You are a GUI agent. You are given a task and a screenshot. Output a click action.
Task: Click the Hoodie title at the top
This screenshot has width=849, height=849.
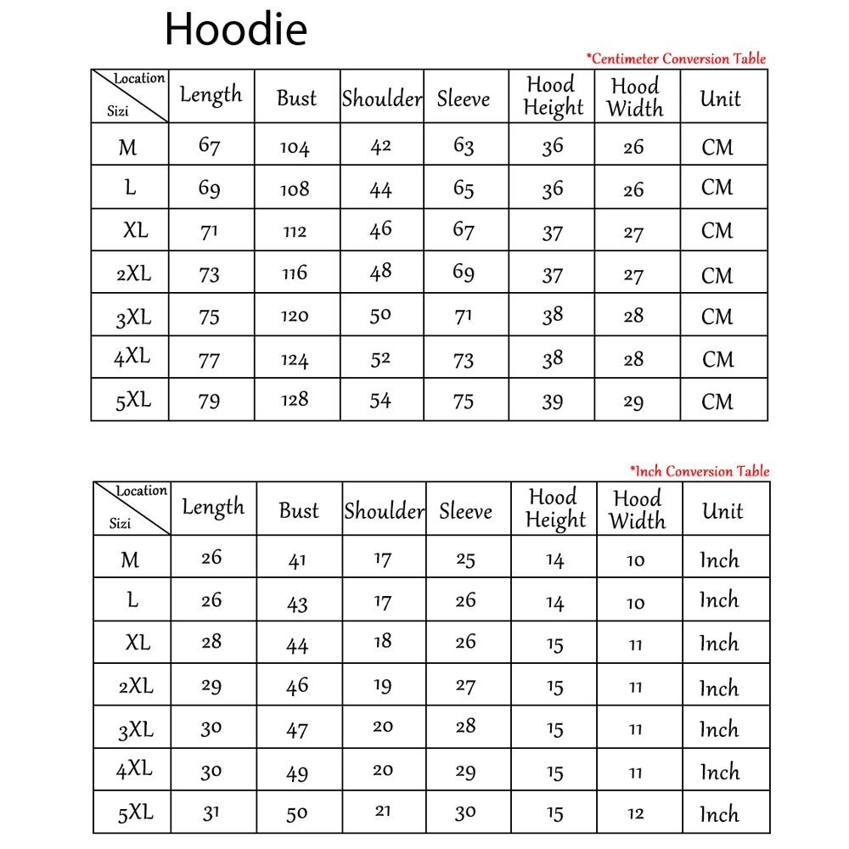(235, 30)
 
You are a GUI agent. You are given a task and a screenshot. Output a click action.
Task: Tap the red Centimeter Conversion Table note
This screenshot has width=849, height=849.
(676, 59)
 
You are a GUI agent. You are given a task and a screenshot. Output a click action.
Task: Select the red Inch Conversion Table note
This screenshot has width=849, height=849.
(699, 471)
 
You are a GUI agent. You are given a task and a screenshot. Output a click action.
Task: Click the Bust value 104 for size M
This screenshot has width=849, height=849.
(295, 148)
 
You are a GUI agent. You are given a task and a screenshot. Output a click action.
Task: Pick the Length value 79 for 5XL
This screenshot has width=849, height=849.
(209, 401)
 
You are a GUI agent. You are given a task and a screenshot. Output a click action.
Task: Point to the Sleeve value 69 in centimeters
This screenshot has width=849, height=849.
(464, 273)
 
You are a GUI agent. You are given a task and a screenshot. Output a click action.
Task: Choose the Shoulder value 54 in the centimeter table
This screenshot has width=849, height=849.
(380, 400)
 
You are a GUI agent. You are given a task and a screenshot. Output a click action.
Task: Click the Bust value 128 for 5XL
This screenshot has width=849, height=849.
(295, 400)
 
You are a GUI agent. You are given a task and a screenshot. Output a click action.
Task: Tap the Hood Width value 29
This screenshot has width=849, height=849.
(633, 402)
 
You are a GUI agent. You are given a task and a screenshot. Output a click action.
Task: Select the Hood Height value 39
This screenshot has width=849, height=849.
(553, 402)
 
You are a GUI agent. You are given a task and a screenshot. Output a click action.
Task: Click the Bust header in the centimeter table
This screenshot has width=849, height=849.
(296, 98)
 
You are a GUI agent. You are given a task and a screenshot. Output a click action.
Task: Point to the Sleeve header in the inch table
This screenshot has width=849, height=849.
(465, 511)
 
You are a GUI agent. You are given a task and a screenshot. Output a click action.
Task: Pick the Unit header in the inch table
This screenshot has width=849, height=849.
(722, 511)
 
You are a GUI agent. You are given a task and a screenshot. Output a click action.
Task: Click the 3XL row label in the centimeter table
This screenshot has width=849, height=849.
(133, 318)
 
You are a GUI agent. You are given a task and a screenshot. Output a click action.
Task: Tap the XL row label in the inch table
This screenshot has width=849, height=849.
(137, 643)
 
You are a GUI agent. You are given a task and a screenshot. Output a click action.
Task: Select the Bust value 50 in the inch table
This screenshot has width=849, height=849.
(297, 814)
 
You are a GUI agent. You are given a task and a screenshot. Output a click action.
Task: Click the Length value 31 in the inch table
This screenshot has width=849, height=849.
(211, 812)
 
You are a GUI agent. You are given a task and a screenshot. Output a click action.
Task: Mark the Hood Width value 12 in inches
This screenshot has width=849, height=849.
(636, 814)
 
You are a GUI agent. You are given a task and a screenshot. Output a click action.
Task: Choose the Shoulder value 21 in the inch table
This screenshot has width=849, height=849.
(383, 812)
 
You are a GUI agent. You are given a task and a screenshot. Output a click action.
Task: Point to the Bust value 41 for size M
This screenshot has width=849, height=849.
(297, 560)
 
